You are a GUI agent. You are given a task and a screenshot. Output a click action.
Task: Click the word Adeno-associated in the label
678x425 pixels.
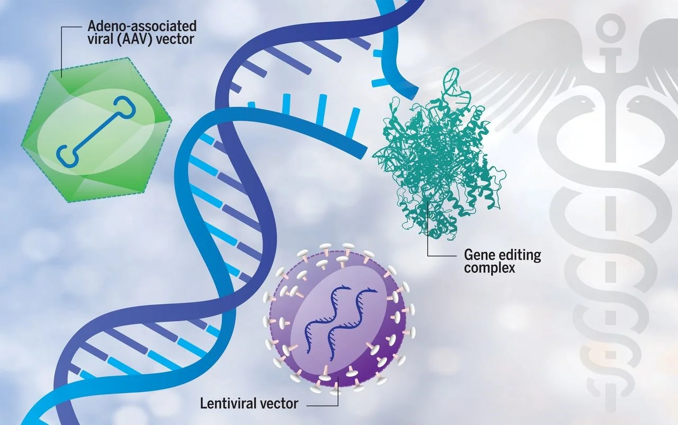pos(142,26)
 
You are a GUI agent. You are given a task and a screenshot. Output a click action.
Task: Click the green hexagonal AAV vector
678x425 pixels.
pos(96,130)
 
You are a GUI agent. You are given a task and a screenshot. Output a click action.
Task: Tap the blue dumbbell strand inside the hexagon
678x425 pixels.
pos(97,131)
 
